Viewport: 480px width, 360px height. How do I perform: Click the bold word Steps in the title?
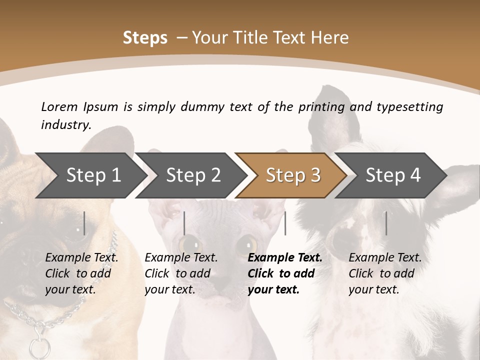(x=145, y=38)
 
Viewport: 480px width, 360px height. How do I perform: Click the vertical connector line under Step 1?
(x=84, y=223)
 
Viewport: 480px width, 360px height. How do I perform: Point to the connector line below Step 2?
(x=184, y=223)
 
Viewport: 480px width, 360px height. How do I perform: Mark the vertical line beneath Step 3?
(x=285, y=223)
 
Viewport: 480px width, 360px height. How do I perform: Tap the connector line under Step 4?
(x=386, y=223)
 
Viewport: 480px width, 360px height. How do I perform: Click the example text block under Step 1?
(x=81, y=273)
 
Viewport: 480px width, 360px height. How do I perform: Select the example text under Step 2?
(x=181, y=273)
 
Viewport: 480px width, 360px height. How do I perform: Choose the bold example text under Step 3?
(x=284, y=273)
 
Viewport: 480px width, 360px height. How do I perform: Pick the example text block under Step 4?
(x=385, y=273)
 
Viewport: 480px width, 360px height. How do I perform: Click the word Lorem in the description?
(x=59, y=106)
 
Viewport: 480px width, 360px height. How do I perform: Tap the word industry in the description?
(x=65, y=125)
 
